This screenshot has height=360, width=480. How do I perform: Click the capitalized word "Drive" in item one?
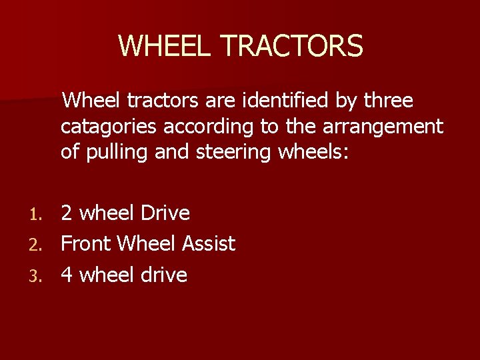[165, 213]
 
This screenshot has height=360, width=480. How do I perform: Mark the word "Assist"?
[209, 244]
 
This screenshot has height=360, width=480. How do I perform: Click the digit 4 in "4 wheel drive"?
[67, 275]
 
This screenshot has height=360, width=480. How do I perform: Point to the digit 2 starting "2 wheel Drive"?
[67, 213]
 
